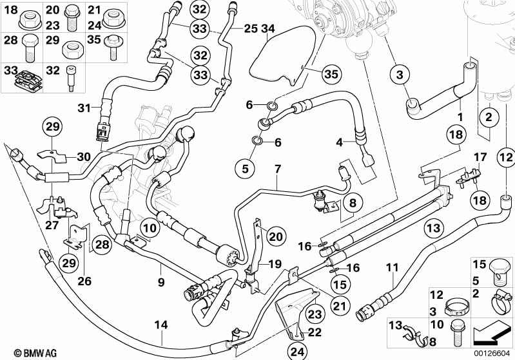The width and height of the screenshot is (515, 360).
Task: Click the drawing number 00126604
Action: (493, 353)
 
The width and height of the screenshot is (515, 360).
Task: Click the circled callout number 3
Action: (400, 75)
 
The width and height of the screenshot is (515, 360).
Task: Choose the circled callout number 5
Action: (244, 169)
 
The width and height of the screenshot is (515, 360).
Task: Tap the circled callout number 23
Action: (313, 314)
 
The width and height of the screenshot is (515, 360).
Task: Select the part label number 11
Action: (394, 267)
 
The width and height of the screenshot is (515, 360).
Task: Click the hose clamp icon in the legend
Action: (498, 298)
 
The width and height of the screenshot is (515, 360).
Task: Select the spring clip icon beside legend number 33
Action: (25, 77)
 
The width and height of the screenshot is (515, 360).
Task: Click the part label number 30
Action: (84, 156)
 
